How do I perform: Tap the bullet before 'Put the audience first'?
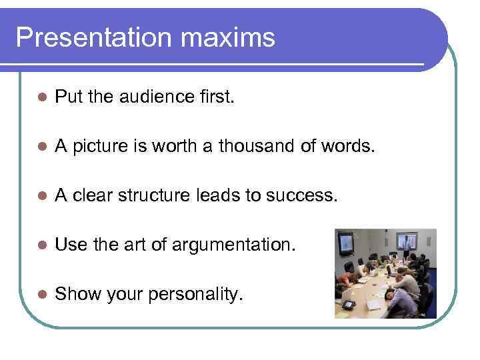[41, 97]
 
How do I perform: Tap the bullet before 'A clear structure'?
[41, 195]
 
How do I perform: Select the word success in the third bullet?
[306, 195]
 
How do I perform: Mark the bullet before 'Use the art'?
[41, 245]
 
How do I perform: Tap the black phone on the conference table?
[349, 305]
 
